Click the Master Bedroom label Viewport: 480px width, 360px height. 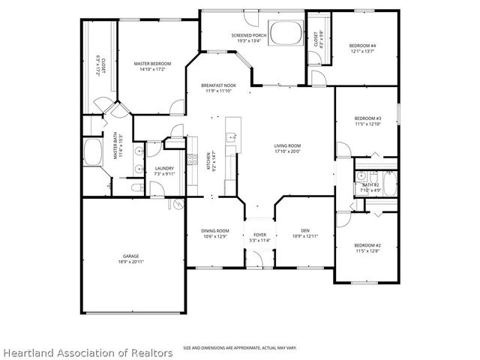click(x=152, y=64)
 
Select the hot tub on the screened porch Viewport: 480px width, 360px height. click(x=283, y=34)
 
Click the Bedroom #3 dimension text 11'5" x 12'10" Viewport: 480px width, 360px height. click(x=367, y=124)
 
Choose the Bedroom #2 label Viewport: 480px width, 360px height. click(x=367, y=245)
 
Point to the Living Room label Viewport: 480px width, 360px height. click(x=286, y=145)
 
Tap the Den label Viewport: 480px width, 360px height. click(x=305, y=230)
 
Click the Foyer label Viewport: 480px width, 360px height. click(x=259, y=235)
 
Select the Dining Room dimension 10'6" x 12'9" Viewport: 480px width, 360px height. click(x=214, y=237)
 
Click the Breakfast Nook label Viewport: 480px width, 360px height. click(x=218, y=86)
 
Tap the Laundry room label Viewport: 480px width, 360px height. click(x=164, y=168)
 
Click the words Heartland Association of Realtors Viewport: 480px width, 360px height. click(x=87, y=352)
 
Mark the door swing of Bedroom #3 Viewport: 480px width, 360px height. click(x=342, y=150)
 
